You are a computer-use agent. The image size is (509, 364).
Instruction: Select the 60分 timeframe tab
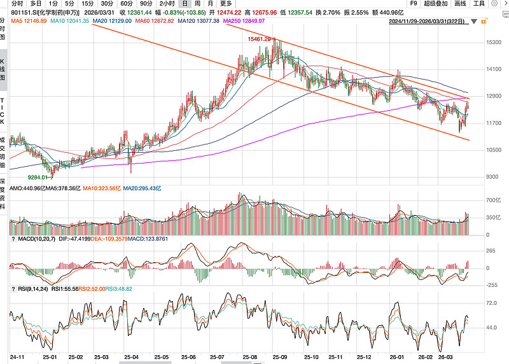[x=127, y=4]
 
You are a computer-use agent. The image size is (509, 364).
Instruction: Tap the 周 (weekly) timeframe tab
[x=198, y=4]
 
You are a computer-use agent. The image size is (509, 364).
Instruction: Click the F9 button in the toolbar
[x=414, y=4]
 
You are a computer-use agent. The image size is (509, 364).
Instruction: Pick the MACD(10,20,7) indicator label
[x=31, y=239]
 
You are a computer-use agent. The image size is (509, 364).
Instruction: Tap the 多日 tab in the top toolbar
[x=36, y=4]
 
